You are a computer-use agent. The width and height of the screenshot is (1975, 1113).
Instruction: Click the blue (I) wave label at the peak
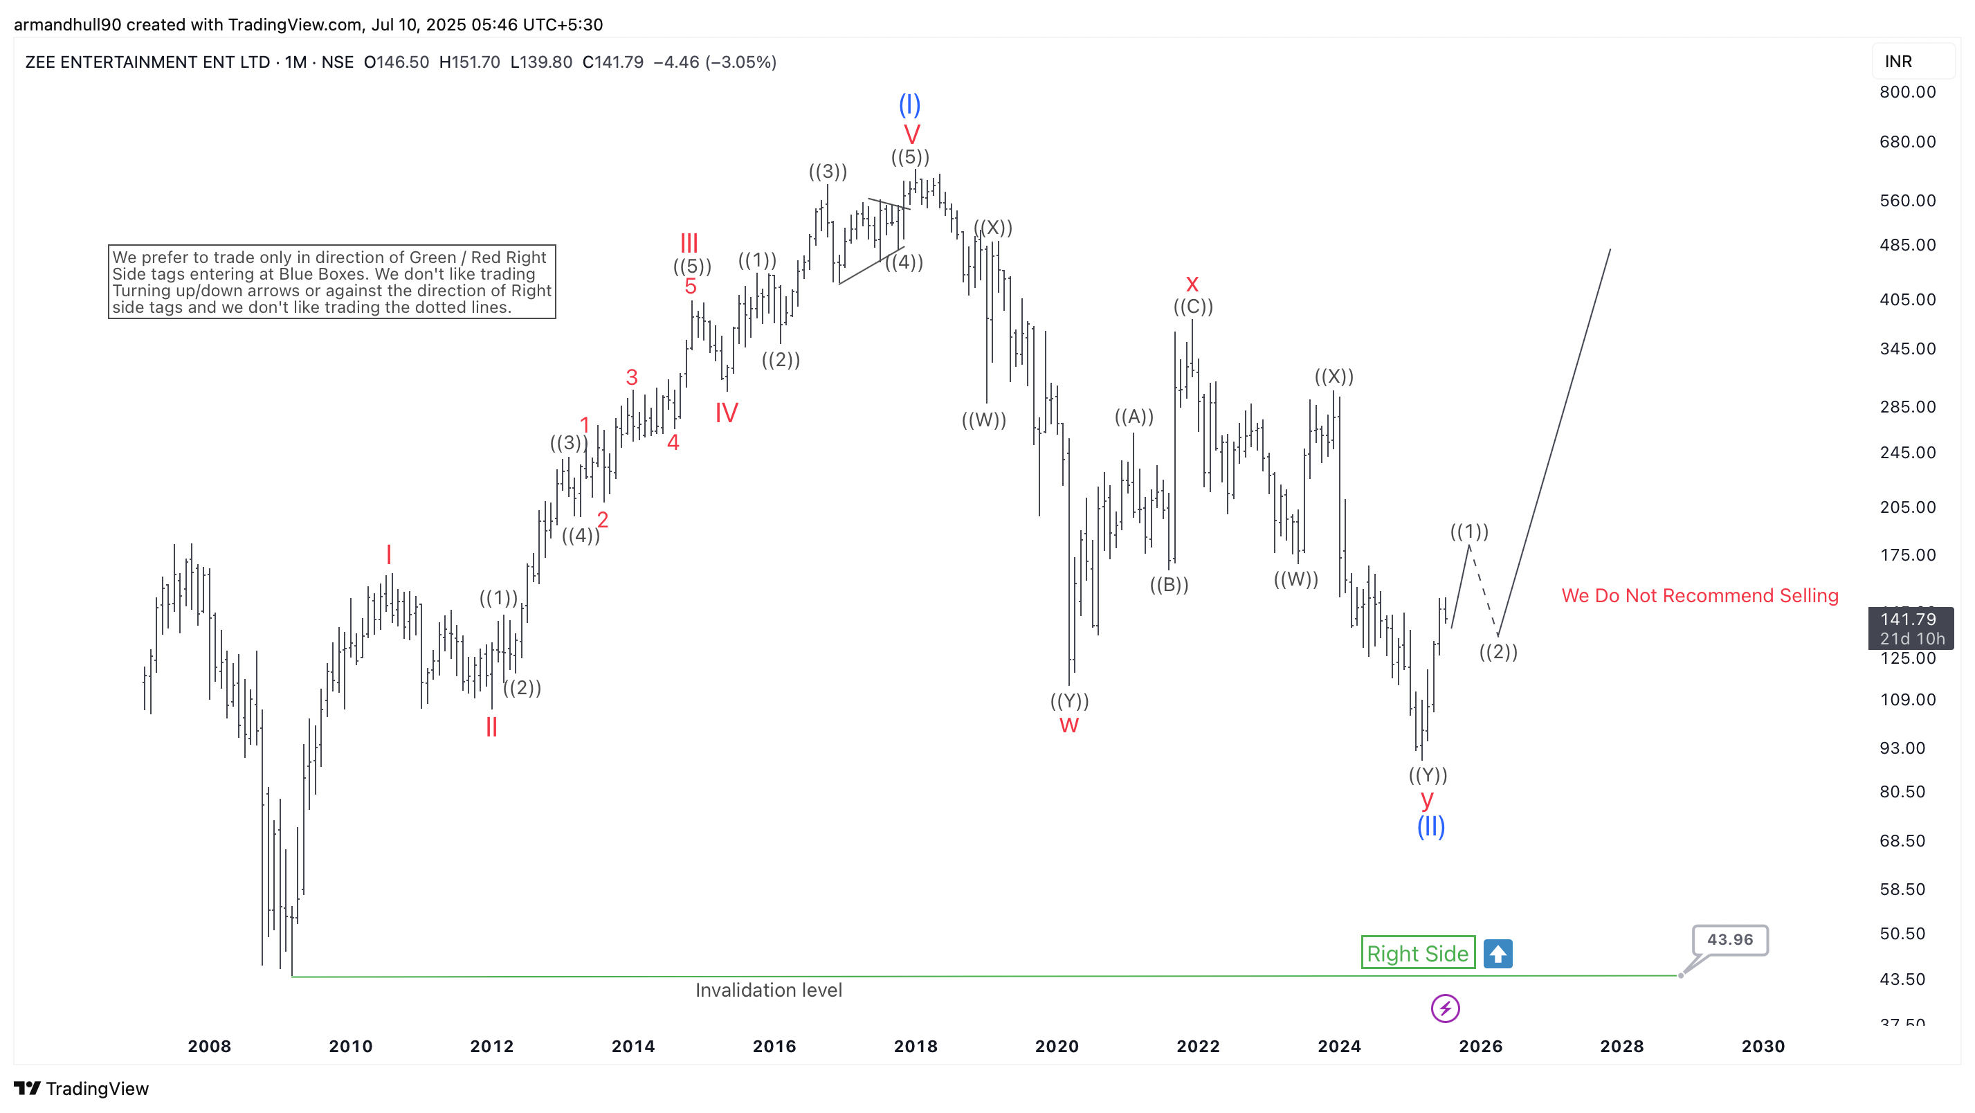pos(909,105)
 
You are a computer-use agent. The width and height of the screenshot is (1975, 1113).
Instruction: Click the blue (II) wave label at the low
pos(1430,826)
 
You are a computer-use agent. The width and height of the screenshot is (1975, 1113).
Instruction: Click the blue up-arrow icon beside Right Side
pos(1498,953)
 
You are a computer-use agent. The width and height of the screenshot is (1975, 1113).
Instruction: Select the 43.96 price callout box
pos(1729,940)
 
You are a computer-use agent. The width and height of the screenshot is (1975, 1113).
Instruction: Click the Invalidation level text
pos(768,990)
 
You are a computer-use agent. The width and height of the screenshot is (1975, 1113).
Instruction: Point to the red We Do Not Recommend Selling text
pos(1700,595)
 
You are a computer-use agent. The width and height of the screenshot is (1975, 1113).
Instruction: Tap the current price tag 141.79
pos(1910,628)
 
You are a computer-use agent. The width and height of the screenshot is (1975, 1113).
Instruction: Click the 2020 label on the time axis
pos(1057,1047)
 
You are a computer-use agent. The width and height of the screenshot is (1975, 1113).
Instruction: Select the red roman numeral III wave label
pos(689,243)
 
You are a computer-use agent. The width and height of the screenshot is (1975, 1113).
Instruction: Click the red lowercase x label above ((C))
pos(1192,284)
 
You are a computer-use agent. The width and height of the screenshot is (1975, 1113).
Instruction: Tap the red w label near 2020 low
pos(1068,725)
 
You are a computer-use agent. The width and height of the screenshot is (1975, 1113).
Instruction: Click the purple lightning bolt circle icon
pos(1445,1008)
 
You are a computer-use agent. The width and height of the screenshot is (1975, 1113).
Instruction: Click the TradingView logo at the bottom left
pos(81,1089)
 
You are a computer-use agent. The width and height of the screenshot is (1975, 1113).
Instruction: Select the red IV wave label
pos(726,413)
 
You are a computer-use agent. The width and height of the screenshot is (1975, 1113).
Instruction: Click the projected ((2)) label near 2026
pos(1498,652)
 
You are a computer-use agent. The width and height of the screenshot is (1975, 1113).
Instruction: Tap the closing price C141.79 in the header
pos(612,62)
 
